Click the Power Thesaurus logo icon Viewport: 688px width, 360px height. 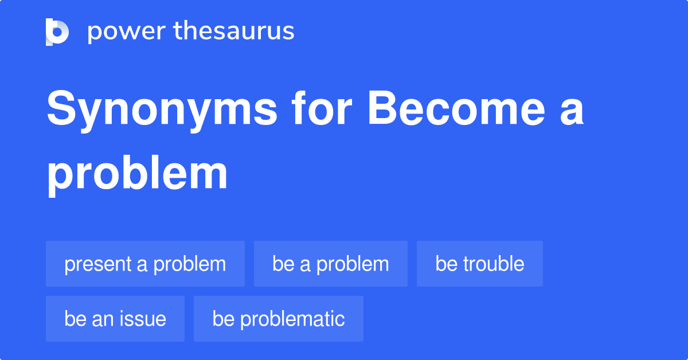[57, 32]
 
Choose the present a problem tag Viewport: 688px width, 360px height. [145, 264]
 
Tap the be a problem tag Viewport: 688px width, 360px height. [331, 264]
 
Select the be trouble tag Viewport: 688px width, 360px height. [480, 264]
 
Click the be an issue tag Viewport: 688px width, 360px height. [115, 319]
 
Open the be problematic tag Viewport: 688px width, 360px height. [279, 319]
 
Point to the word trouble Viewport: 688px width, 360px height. [494, 264]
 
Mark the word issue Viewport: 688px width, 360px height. [144, 319]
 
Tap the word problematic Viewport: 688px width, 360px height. [292, 319]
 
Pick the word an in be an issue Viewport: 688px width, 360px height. [104, 319]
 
